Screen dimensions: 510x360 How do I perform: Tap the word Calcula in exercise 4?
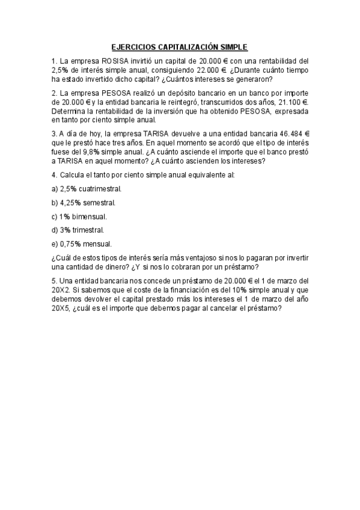[73, 174]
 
